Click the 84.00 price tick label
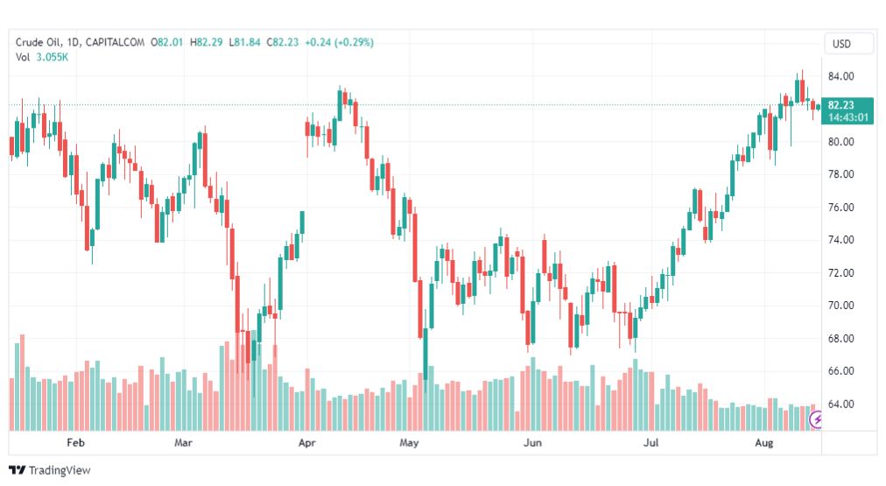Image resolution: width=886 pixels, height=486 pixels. (840, 76)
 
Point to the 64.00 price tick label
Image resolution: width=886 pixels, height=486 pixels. (840, 404)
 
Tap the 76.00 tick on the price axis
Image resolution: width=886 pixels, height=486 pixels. (840, 208)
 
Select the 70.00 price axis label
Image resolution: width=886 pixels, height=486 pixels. (840, 306)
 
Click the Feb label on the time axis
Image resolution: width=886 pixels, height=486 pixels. (75, 442)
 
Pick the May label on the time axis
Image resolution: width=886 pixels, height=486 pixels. (409, 442)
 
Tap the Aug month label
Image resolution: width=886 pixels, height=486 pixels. (764, 442)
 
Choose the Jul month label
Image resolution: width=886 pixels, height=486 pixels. (651, 442)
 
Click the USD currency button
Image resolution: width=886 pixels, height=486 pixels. (841, 44)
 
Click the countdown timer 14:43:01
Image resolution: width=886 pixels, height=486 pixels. (848, 117)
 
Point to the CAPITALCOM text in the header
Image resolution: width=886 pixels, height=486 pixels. (116, 42)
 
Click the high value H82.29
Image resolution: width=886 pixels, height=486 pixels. (207, 42)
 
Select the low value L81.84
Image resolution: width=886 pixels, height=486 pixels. (244, 42)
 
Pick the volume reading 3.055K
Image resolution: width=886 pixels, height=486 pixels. (52, 57)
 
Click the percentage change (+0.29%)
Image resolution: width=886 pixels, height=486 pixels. (355, 42)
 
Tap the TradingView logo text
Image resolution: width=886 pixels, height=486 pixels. (60, 470)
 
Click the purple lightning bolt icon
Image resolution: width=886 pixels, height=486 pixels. (816, 419)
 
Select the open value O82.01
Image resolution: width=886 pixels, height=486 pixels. (166, 42)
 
